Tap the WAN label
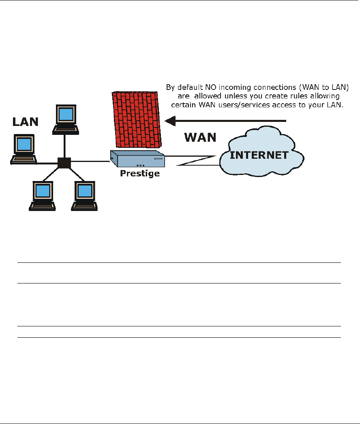(x=200, y=137)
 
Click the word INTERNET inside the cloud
(x=259, y=155)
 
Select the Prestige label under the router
(x=140, y=173)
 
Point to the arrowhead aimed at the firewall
(x=169, y=120)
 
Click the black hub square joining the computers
(x=64, y=163)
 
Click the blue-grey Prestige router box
(x=138, y=159)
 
